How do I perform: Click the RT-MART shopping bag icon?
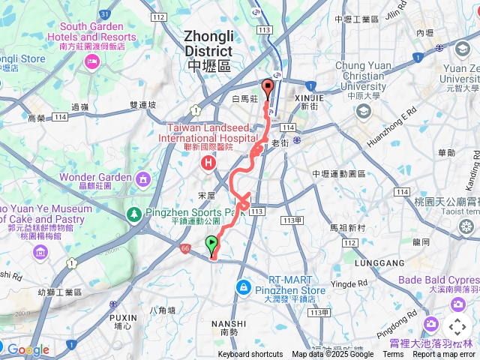(x=243, y=287)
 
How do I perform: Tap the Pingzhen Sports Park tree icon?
(x=134, y=214)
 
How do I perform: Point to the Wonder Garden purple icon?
(x=142, y=178)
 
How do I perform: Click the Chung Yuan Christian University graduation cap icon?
(x=364, y=112)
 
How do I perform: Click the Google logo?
(x=28, y=349)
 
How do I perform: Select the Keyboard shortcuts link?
(x=250, y=355)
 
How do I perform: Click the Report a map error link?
(x=444, y=355)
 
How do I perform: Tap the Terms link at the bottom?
(x=393, y=355)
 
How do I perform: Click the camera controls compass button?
(x=457, y=327)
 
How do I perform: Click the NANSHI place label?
(x=229, y=323)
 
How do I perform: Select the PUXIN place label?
(x=121, y=316)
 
